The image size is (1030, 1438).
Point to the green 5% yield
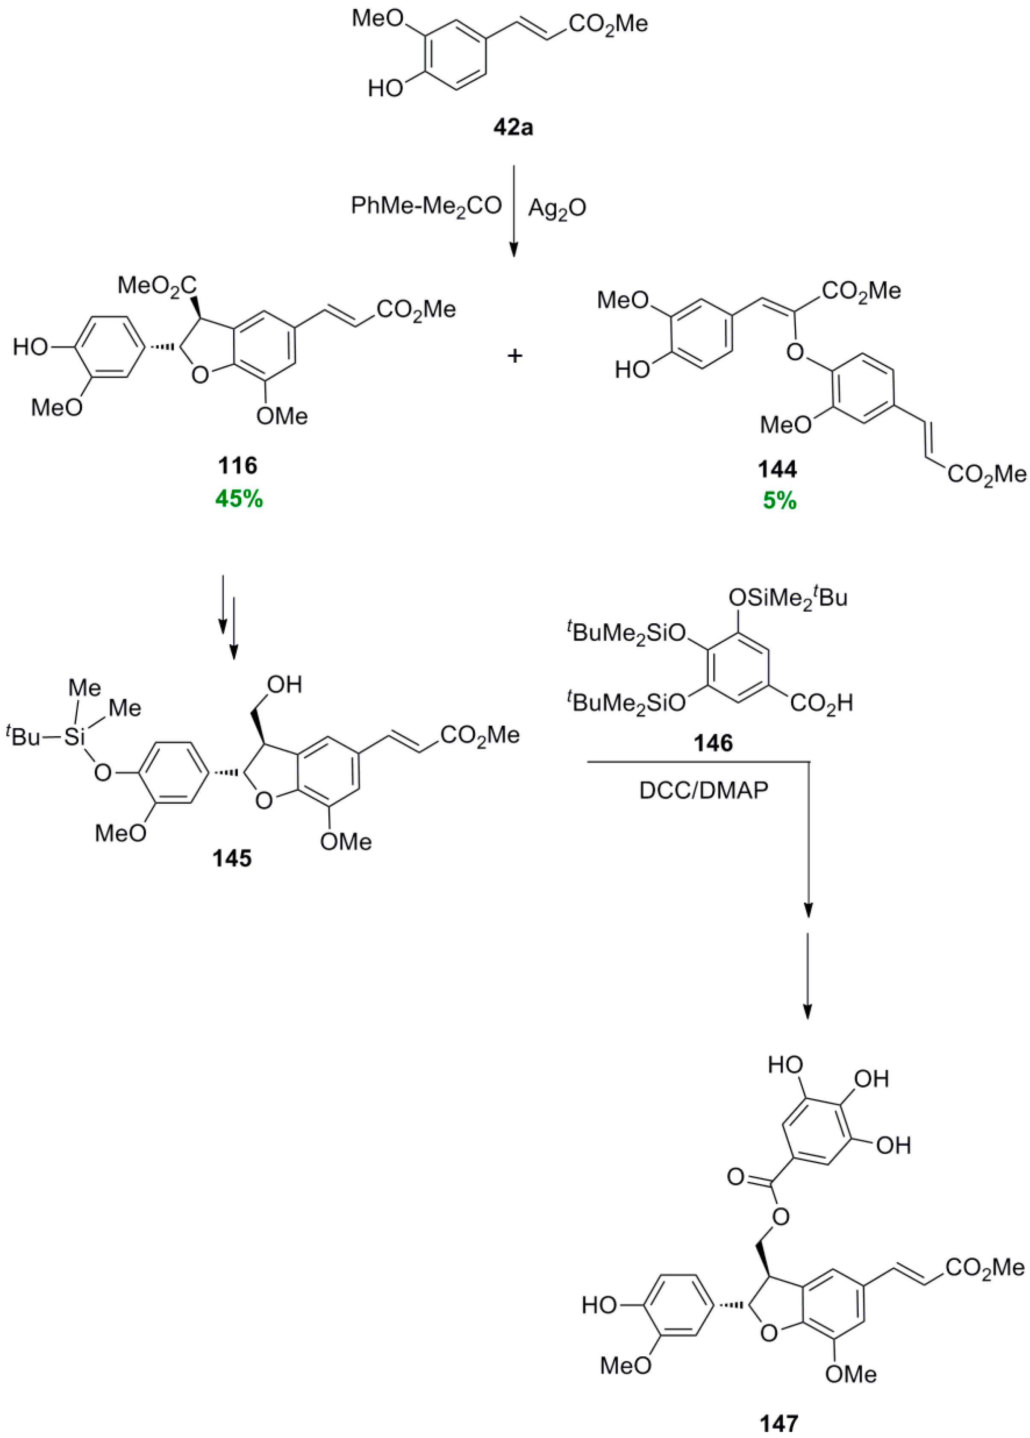pyautogui.click(x=778, y=502)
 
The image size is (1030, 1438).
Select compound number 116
pyautogui.click(x=238, y=466)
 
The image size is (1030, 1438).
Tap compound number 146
pyautogui.click(x=713, y=742)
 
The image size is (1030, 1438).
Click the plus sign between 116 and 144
pyautogui.click(x=515, y=356)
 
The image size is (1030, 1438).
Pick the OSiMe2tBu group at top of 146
pyautogui.click(x=788, y=597)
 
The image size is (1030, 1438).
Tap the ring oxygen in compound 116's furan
pyautogui.click(x=199, y=377)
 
